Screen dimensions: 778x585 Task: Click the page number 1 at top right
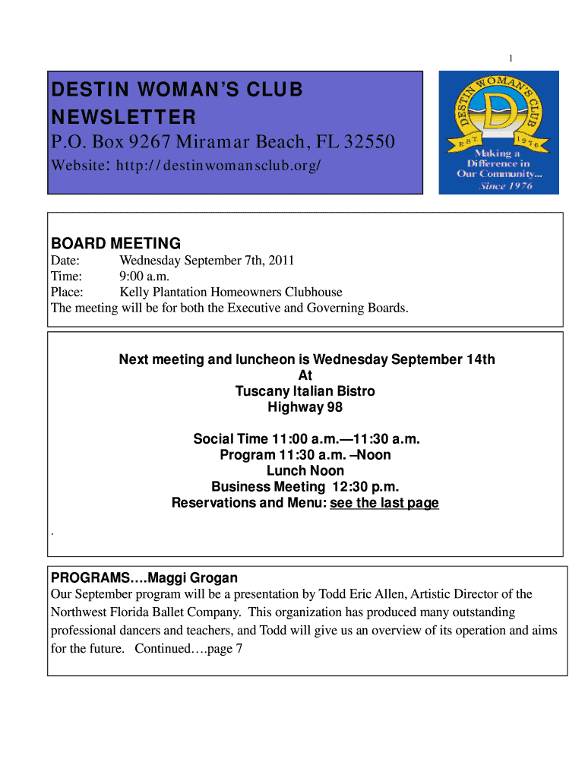point(511,59)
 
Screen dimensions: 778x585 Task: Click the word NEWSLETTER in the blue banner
point(123,117)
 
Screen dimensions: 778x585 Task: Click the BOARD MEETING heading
point(115,244)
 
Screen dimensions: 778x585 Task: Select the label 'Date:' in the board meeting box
point(65,261)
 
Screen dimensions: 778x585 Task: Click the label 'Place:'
point(67,292)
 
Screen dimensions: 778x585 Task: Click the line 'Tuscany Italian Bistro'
point(305,391)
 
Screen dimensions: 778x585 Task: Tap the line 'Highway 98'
point(305,407)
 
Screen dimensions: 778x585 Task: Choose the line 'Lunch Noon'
point(305,471)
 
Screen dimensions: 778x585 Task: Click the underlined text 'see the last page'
point(384,503)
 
